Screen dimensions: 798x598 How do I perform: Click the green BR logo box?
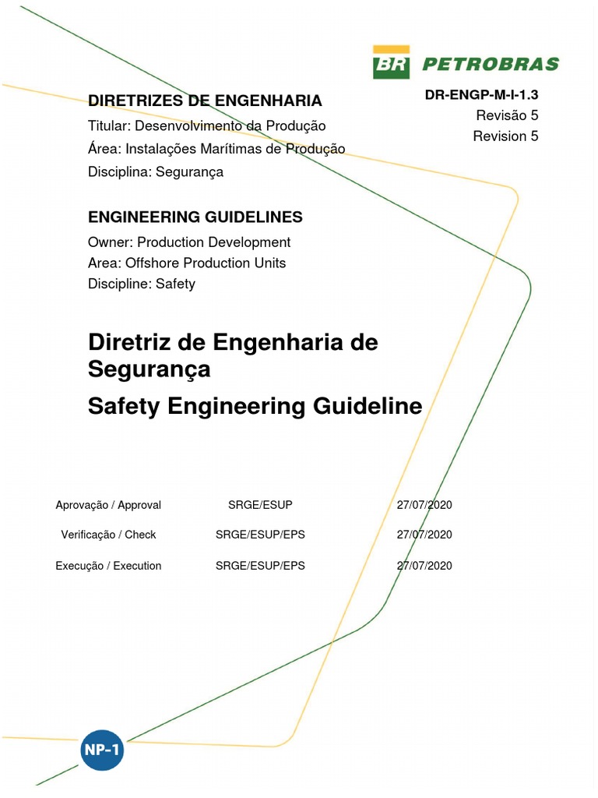pyautogui.click(x=392, y=62)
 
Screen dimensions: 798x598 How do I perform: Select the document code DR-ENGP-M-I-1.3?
pyautogui.click(x=481, y=95)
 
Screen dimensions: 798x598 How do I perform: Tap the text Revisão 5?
pyautogui.click(x=507, y=115)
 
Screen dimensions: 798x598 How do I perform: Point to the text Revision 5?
pyautogui.click(x=505, y=136)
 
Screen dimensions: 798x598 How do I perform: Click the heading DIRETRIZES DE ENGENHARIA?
pyautogui.click(x=205, y=101)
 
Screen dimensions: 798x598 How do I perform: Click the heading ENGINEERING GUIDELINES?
pyautogui.click(x=195, y=217)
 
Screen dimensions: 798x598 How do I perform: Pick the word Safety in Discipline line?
pyautogui.click(x=175, y=284)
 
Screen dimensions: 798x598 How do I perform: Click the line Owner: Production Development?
pyautogui.click(x=189, y=242)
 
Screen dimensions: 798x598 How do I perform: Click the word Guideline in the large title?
pyautogui.click(x=368, y=405)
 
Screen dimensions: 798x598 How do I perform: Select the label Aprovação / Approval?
pyautogui.click(x=108, y=505)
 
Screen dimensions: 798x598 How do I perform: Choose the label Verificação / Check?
pyautogui.click(x=108, y=535)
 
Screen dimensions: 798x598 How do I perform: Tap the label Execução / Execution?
pyautogui.click(x=108, y=566)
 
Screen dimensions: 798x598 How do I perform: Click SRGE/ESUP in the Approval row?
pyautogui.click(x=260, y=505)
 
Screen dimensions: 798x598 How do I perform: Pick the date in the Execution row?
pyautogui.click(x=424, y=566)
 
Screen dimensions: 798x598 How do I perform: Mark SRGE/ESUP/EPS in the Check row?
pyautogui.click(x=260, y=535)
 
